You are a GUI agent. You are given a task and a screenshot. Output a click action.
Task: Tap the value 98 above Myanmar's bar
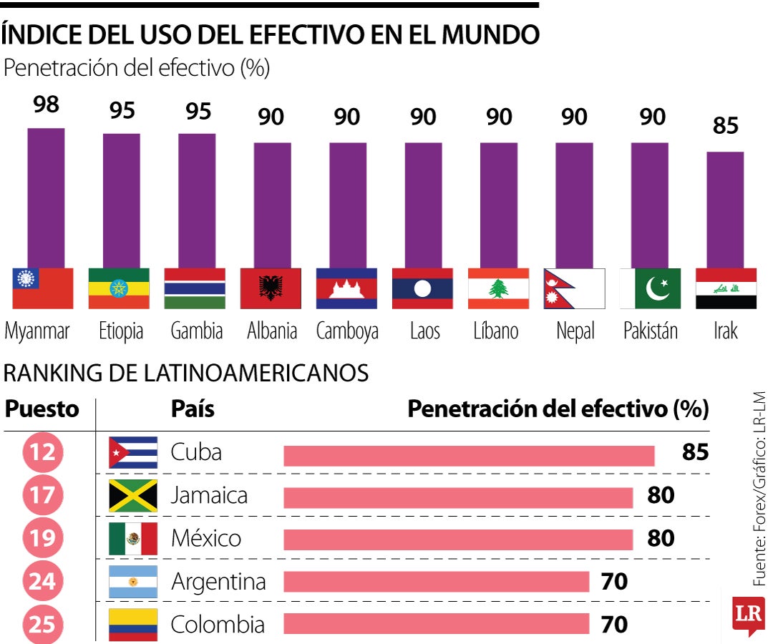click(46, 105)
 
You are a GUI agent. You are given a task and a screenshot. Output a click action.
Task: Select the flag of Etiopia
click(119, 288)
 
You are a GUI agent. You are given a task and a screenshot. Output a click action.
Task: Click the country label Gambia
click(197, 331)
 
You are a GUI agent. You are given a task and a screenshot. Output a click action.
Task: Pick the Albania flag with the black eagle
click(271, 288)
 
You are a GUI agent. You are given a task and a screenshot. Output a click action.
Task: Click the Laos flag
click(422, 288)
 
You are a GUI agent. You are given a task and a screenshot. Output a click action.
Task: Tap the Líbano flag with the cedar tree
click(498, 288)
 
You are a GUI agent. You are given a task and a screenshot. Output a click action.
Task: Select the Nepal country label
click(575, 331)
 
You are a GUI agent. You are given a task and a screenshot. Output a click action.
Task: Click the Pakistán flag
click(650, 288)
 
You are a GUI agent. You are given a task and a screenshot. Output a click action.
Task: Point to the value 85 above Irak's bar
click(725, 126)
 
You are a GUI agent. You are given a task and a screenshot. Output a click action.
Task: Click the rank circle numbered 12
click(42, 452)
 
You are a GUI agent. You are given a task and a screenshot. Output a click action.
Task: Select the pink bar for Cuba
click(469, 456)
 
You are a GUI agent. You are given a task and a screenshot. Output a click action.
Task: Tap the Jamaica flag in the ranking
click(133, 496)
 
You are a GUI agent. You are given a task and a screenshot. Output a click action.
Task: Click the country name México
click(206, 538)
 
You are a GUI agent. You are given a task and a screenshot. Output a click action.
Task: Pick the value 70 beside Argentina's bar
click(614, 582)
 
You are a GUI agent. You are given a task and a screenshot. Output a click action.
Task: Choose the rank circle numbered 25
click(42, 625)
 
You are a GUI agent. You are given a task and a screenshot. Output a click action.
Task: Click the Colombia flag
click(133, 625)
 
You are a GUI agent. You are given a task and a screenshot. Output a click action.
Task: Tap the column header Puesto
click(42, 409)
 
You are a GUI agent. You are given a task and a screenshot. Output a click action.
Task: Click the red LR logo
click(748, 614)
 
